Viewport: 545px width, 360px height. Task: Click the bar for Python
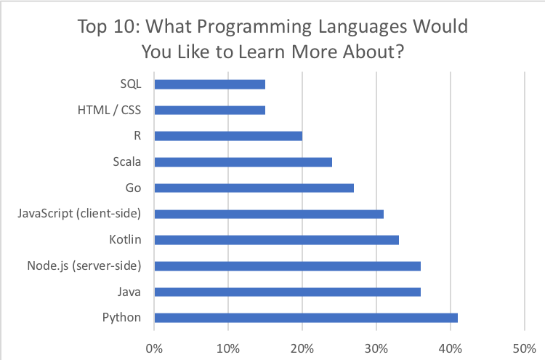pyautogui.click(x=306, y=318)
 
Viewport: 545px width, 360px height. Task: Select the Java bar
pyautogui.click(x=288, y=292)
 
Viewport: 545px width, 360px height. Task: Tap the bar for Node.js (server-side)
pyautogui.click(x=288, y=265)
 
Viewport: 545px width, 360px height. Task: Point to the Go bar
pyautogui.click(x=254, y=188)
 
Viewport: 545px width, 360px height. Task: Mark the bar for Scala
pyautogui.click(x=243, y=161)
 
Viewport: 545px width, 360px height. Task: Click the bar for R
pyautogui.click(x=228, y=136)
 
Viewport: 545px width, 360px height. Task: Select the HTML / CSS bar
pyautogui.click(x=210, y=110)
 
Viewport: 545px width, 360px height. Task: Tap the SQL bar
pyautogui.click(x=210, y=84)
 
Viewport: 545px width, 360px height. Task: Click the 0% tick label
pyautogui.click(x=155, y=347)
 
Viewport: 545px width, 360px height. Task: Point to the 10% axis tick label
pyautogui.click(x=229, y=347)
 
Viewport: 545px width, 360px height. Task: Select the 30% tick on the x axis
pyautogui.click(x=376, y=347)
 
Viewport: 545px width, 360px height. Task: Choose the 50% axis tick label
pyautogui.click(x=525, y=347)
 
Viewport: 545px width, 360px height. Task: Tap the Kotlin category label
pyautogui.click(x=125, y=239)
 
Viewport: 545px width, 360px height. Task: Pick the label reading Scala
pyautogui.click(x=126, y=161)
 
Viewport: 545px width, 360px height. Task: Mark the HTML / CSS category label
pyautogui.click(x=109, y=110)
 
